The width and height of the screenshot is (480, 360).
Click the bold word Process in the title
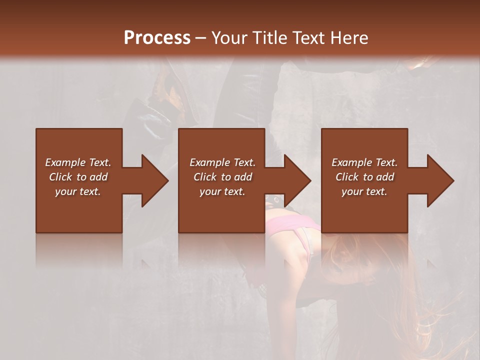click(157, 37)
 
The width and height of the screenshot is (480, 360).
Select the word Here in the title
click(350, 37)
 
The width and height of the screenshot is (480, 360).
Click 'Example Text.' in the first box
click(78, 162)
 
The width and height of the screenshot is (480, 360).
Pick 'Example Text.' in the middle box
click(222, 162)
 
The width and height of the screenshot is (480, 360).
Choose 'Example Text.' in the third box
click(364, 162)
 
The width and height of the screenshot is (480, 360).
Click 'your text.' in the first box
click(78, 191)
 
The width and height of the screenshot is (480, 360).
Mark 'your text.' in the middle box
click(222, 191)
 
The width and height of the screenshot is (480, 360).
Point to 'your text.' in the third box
click(364, 191)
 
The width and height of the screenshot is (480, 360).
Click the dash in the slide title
click(200, 38)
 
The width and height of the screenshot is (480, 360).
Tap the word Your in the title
click(229, 37)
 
